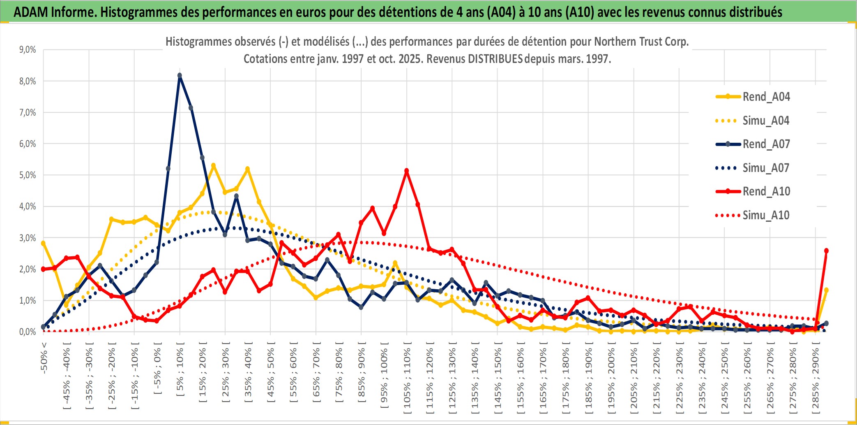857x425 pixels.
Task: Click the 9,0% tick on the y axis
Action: [28, 50]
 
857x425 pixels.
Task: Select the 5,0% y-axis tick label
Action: [28, 175]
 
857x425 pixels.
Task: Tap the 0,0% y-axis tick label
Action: [28, 332]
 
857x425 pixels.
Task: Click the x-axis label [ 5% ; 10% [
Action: [180, 372]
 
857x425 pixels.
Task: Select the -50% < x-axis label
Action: [44, 358]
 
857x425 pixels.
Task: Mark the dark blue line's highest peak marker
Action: [180, 75]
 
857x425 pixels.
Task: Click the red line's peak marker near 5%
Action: [407, 170]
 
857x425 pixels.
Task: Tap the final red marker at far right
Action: [826, 251]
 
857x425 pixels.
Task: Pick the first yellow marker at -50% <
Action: [44, 243]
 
